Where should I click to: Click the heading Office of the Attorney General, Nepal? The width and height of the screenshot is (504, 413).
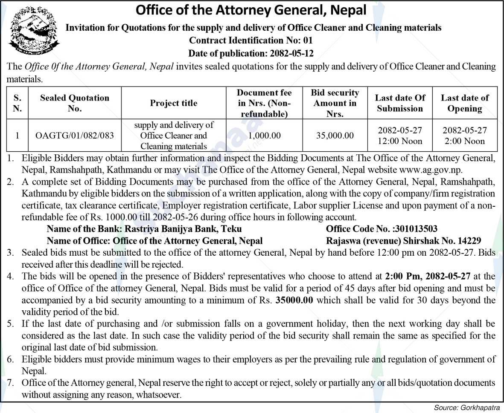(251, 9)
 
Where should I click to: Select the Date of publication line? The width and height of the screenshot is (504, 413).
(251, 53)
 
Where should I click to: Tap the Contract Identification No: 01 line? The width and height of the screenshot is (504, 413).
(251, 40)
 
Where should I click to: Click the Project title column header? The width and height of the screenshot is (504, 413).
(174, 103)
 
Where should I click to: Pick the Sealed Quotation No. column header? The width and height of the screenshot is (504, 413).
(75, 103)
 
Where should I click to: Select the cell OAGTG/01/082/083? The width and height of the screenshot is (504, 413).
(75, 136)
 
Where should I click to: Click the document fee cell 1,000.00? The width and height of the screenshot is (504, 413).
(264, 136)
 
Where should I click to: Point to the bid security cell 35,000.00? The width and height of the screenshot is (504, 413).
(335, 136)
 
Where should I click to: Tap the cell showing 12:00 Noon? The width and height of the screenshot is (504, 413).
(400, 141)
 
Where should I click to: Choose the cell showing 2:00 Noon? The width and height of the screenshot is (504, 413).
(465, 141)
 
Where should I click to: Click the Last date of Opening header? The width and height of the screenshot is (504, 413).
(465, 103)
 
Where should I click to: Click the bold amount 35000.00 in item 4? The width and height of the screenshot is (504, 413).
(294, 300)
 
